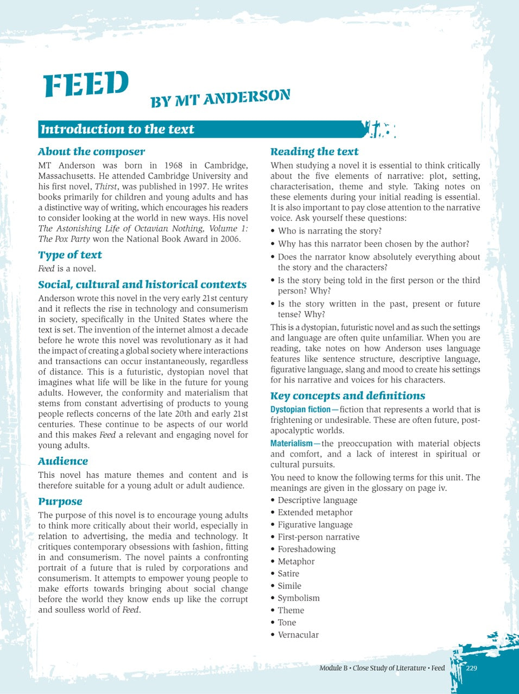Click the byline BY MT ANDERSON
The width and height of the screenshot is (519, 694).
(220, 98)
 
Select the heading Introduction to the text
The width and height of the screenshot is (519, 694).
(117, 129)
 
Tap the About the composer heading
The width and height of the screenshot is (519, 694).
(92, 152)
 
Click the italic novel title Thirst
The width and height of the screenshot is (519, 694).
(106, 187)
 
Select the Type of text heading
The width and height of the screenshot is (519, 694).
(70, 255)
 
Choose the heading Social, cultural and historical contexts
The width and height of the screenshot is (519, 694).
(142, 285)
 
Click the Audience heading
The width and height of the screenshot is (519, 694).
(63, 461)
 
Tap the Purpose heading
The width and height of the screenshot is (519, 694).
(60, 502)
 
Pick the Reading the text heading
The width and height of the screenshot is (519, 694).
(314, 152)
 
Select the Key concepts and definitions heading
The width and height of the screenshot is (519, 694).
(347, 396)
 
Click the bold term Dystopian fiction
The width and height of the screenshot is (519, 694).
(300, 409)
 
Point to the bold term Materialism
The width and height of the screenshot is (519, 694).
(292, 444)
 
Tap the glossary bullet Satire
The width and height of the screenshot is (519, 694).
(288, 574)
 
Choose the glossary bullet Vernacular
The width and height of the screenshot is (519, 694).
(298, 635)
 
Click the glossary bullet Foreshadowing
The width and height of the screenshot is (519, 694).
(306, 549)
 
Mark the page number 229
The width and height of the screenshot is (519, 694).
(471, 668)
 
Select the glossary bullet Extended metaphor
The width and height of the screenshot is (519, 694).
(315, 512)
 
